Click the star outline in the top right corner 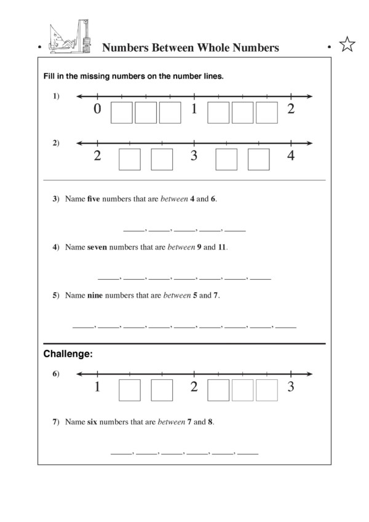(x=347, y=45)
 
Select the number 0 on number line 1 (x=97, y=109)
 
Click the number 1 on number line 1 (x=194, y=109)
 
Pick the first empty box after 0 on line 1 (x=121, y=113)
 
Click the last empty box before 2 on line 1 (x=267, y=113)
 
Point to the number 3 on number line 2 (x=194, y=156)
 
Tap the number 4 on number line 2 (x=290, y=156)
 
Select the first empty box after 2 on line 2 (x=129, y=159)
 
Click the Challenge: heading (x=68, y=354)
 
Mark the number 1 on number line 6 (x=97, y=387)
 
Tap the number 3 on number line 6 (x=290, y=387)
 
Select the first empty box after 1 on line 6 (x=129, y=390)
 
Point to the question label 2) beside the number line (x=55, y=143)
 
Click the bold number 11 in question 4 (x=222, y=247)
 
